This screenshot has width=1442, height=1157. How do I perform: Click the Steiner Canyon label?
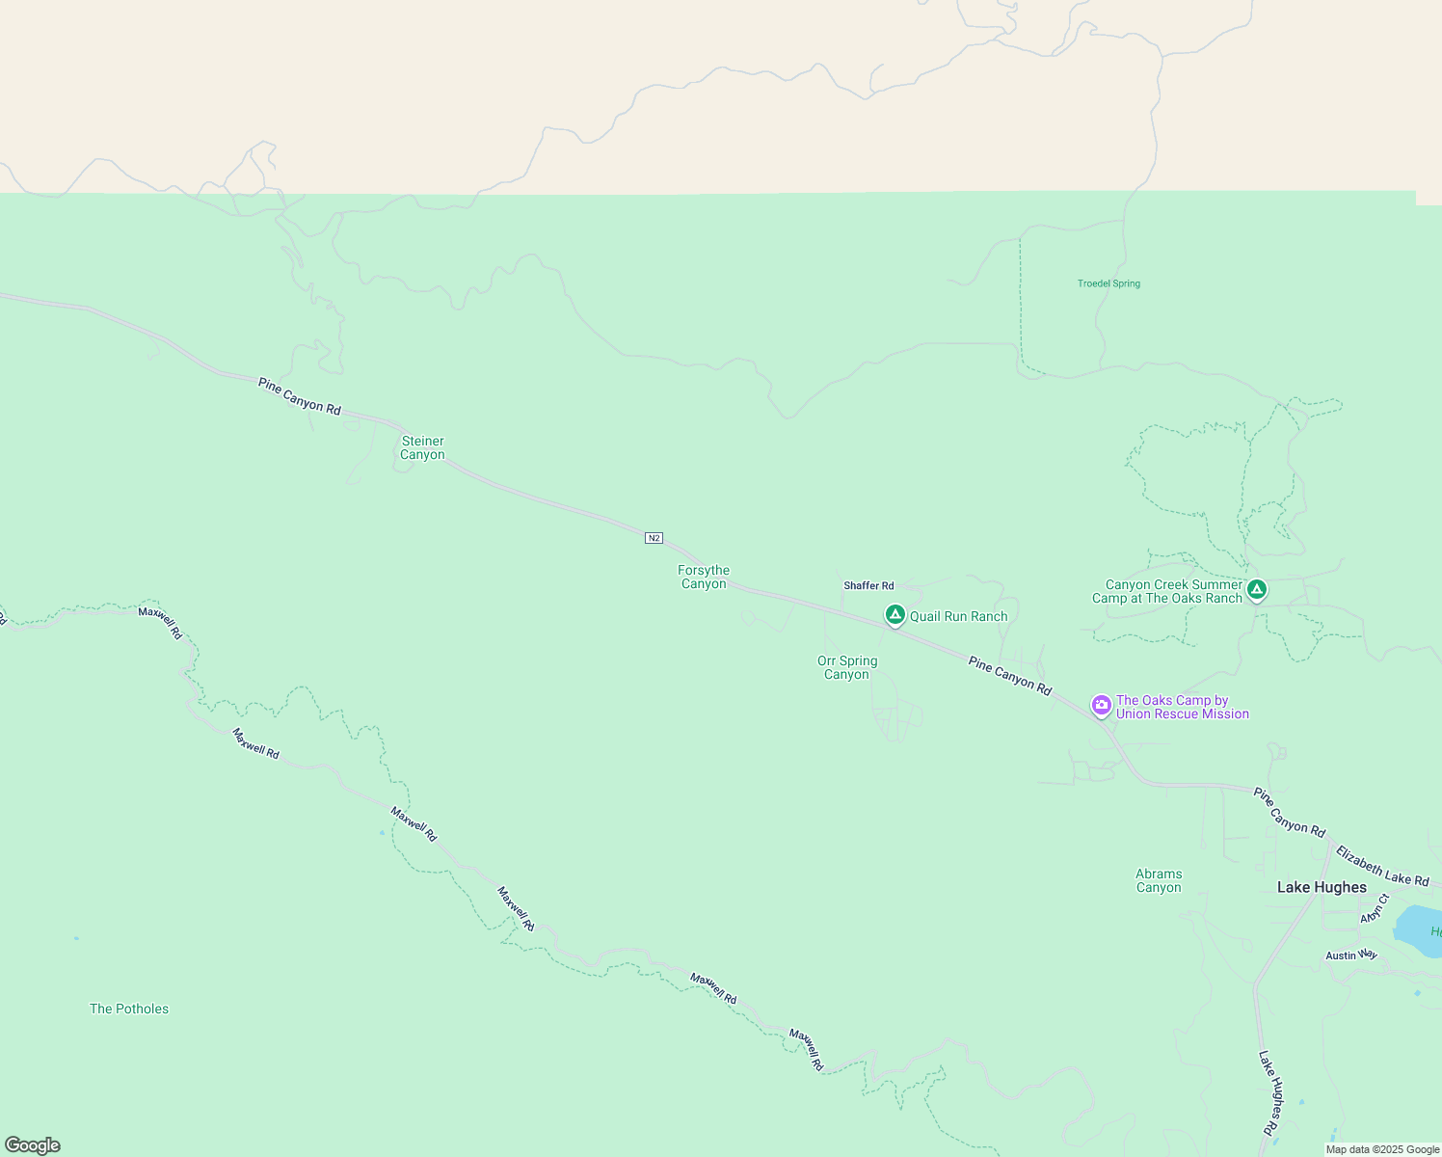422,448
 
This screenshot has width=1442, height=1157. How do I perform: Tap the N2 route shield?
654,538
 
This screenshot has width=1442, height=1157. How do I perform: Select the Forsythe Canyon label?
704,577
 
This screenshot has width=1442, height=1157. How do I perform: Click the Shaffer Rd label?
868,585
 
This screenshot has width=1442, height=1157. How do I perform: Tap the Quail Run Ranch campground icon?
895,614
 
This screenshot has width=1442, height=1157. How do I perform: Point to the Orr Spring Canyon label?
847,667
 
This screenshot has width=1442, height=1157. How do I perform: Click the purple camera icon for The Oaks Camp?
1101,705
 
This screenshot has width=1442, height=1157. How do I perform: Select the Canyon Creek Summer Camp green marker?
1256,588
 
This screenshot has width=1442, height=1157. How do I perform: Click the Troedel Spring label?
1108,283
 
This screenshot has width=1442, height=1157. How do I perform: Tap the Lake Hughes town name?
1322,887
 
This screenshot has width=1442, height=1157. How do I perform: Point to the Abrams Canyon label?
1159,880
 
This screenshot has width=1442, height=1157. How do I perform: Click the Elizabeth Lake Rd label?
1382,867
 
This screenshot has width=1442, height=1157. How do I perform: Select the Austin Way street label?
1351,955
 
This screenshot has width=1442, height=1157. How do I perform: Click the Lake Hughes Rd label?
1270,1092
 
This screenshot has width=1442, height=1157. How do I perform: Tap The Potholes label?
129,1009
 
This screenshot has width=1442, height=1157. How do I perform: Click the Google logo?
33,1145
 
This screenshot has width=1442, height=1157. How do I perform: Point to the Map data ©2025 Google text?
1382,1149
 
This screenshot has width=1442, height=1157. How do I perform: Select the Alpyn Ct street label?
1373,908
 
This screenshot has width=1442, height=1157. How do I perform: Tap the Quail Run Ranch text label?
958,616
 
